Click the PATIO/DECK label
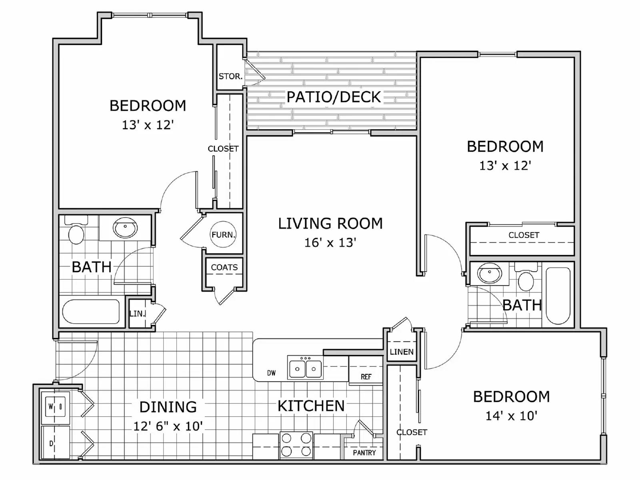point(334,97)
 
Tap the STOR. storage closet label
point(230,76)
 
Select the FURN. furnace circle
point(223,234)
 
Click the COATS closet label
point(224,267)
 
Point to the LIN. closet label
point(137,314)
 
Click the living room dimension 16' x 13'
point(330,242)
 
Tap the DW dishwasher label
point(271,373)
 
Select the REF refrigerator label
point(366,377)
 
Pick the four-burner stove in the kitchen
point(296,445)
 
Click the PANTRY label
point(364,453)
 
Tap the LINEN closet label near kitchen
point(402,352)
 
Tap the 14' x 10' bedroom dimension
point(511,416)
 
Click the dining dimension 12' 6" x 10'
point(168,426)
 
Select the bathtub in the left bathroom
point(91,312)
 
